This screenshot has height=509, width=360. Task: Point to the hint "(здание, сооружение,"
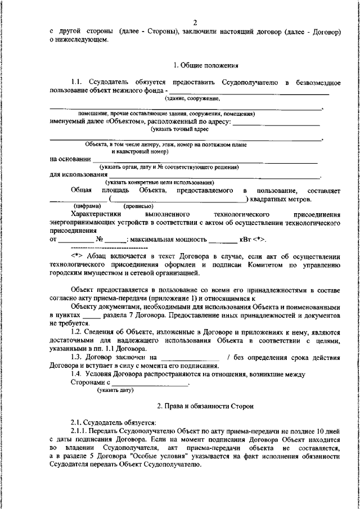pyautogui.click(x=192, y=98)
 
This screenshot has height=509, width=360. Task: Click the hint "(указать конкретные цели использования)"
pyautogui.click(x=159, y=182)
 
